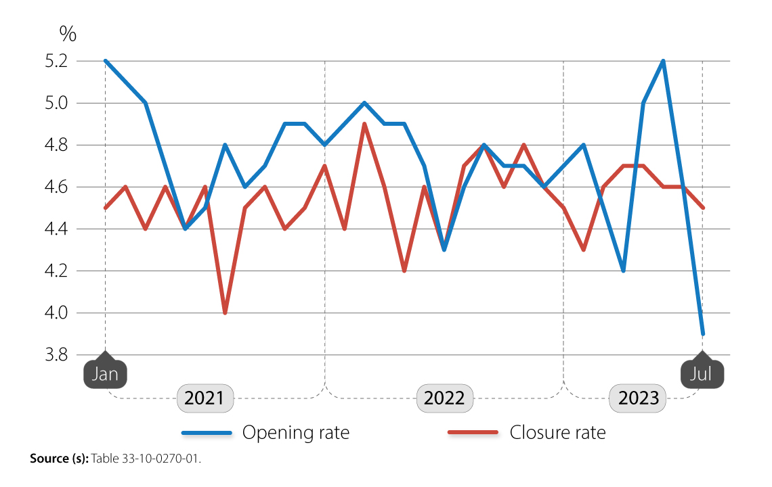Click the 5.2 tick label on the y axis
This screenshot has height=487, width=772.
[x=58, y=61]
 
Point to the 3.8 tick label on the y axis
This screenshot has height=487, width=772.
[x=58, y=354]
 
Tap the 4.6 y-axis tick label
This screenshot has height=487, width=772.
[x=58, y=187]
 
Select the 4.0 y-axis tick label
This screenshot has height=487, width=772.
[x=58, y=312]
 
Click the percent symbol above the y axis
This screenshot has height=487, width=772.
[x=68, y=32]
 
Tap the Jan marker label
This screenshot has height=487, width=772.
[x=105, y=374]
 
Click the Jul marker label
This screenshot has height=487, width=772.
[x=702, y=374]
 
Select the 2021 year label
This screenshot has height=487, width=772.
[x=205, y=398]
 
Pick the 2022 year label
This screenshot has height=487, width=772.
[x=444, y=398]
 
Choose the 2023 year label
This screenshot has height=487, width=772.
[x=637, y=398]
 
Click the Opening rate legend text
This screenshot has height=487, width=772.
[x=296, y=432]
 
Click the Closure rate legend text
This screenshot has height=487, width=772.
[x=557, y=432]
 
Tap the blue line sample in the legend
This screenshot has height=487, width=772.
[x=207, y=432]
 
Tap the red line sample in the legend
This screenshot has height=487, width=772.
[x=473, y=432]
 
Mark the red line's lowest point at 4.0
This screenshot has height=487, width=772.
[x=225, y=312]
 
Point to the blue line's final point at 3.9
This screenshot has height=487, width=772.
[x=703, y=333]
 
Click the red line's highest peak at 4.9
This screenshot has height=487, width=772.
[x=364, y=124]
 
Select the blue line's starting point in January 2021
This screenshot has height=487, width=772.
[x=105, y=61]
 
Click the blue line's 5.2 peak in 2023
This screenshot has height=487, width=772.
[x=663, y=61]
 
